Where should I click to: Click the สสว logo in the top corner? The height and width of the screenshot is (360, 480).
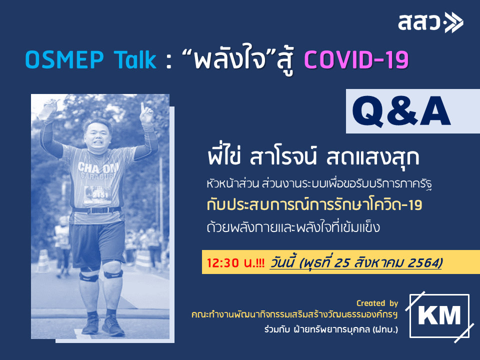[x=430, y=22]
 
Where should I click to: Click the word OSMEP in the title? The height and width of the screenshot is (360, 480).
[x=64, y=59]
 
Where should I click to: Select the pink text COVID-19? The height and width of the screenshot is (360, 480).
[x=356, y=59]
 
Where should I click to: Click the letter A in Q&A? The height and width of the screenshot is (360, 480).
[x=435, y=111]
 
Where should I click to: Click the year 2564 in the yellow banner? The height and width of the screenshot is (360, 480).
[x=426, y=262]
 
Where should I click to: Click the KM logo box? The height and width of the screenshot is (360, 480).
[x=439, y=316]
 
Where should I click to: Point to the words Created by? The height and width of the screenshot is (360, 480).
[x=377, y=303]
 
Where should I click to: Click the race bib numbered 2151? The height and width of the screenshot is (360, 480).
[x=97, y=194]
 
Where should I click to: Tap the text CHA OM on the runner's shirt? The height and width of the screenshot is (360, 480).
[x=98, y=168]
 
